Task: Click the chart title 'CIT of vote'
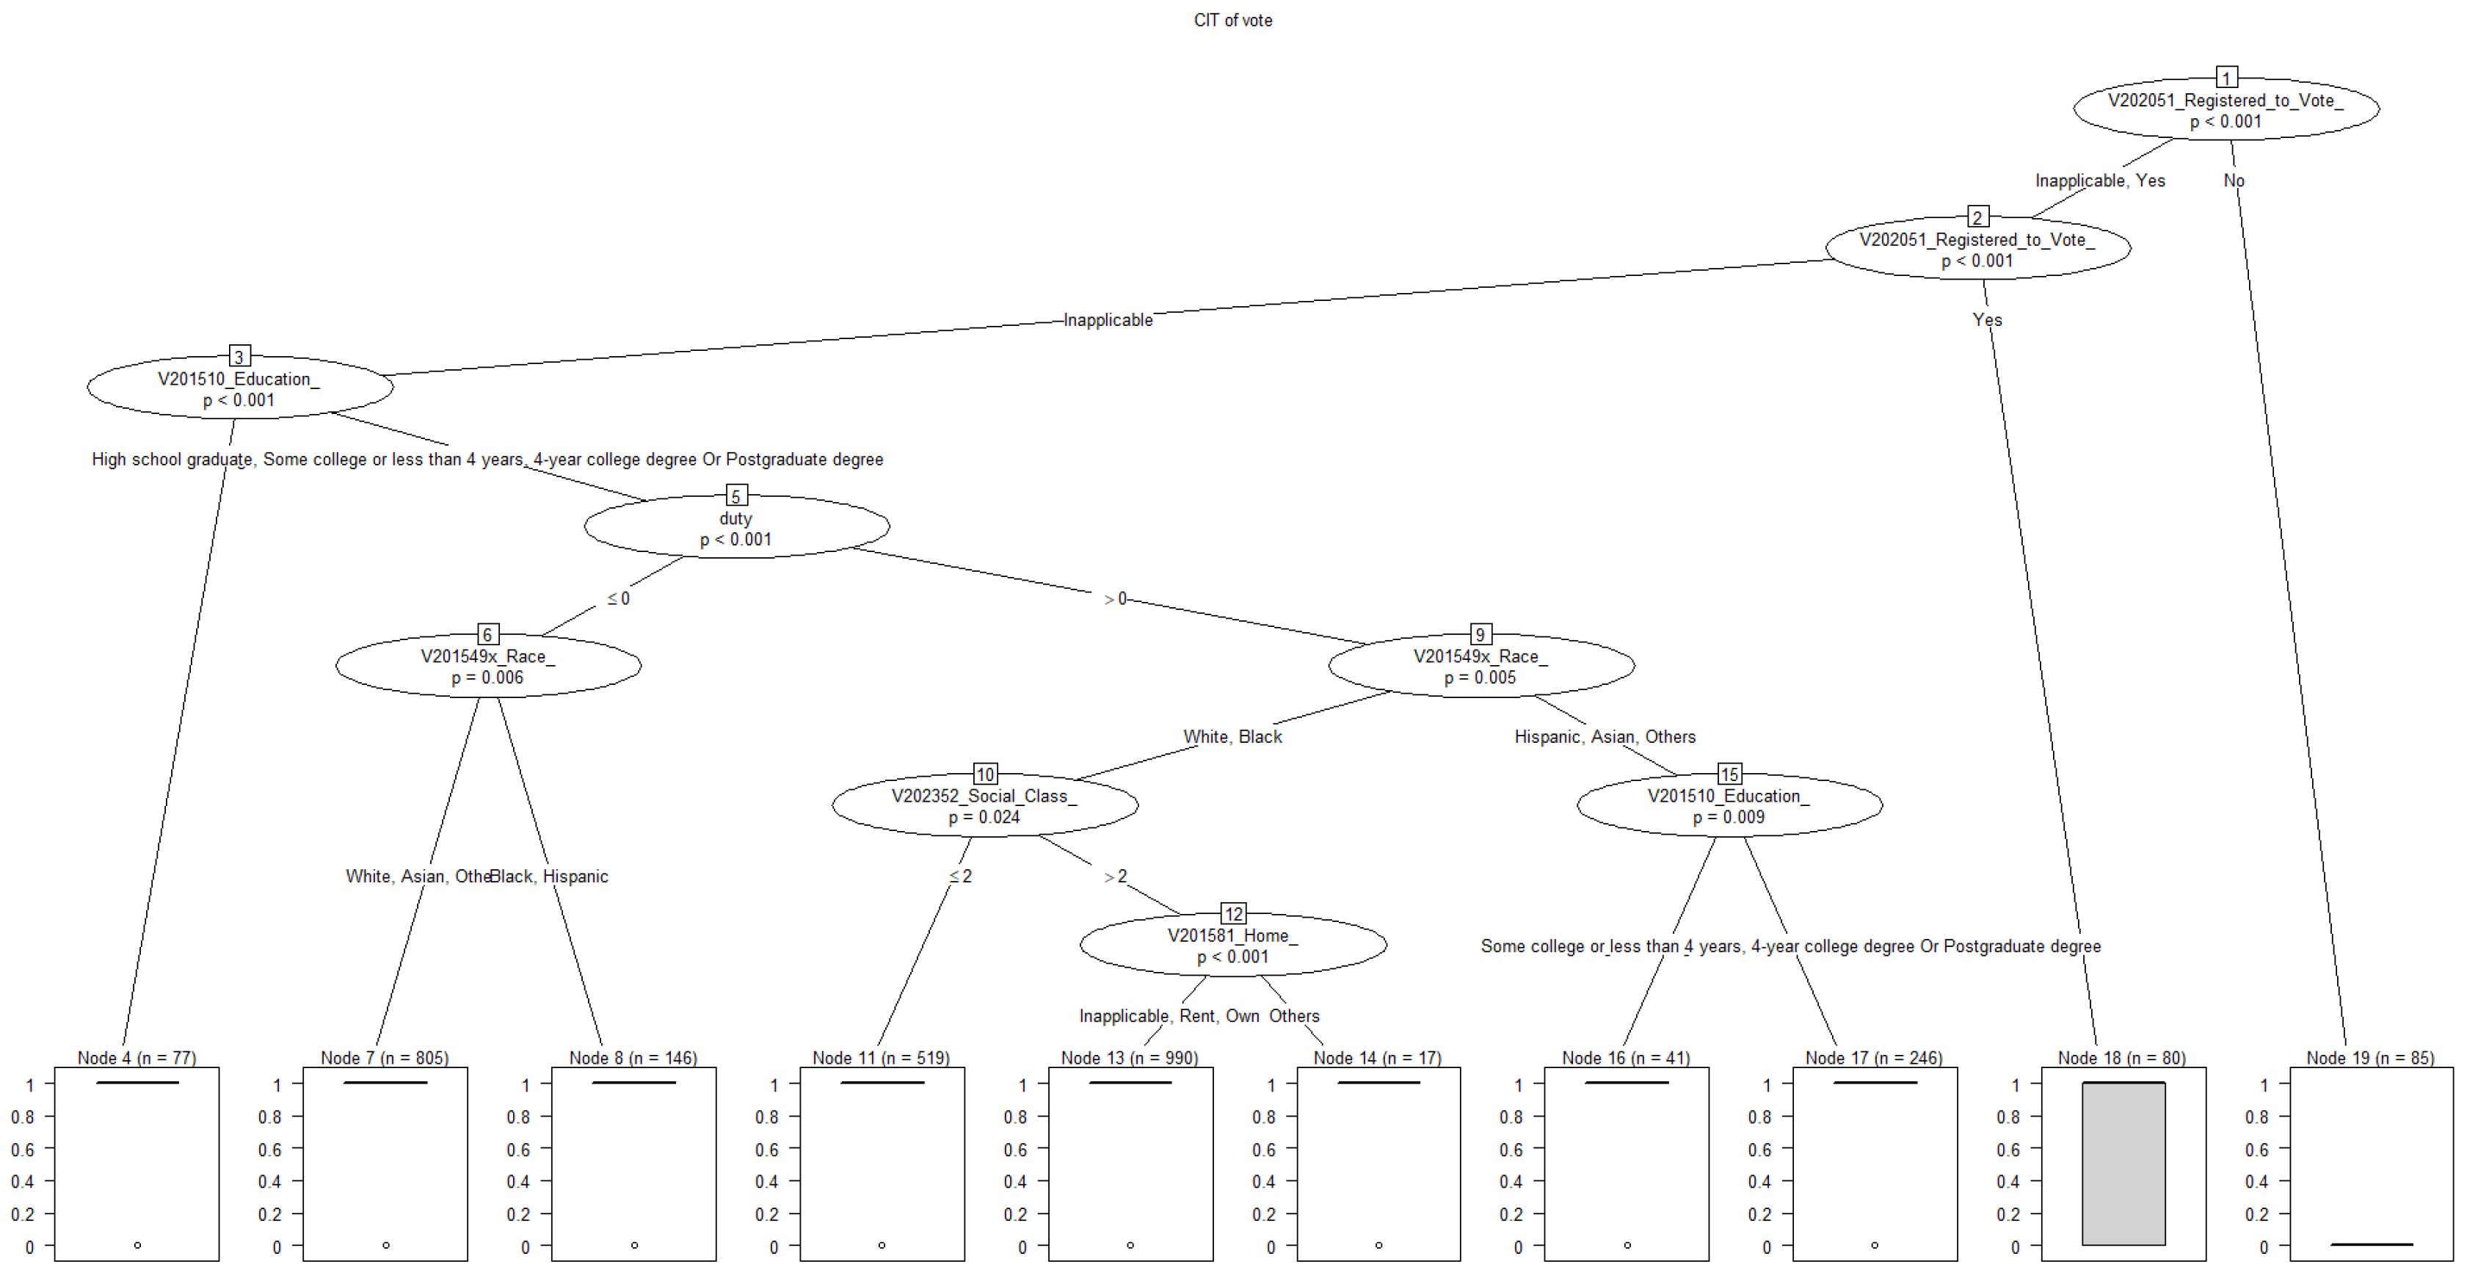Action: (1232, 20)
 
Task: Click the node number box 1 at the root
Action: (2227, 78)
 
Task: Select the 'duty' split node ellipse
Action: (736, 527)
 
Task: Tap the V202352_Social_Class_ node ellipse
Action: (984, 805)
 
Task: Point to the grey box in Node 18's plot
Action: (2123, 1164)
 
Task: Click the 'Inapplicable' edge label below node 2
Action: (1108, 320)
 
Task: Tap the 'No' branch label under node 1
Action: (2234, 180)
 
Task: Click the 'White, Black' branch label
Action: (1232, 736)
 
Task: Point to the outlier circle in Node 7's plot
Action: (386, 1245)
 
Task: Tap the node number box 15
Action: (1729, 774)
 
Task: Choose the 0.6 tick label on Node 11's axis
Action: (767, 1150)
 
